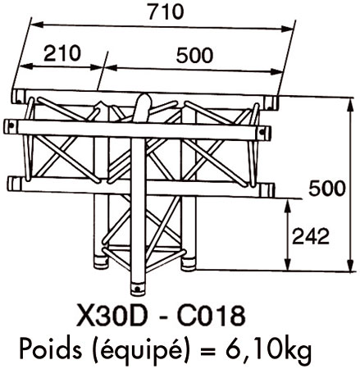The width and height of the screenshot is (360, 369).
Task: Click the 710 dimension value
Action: coord(166,11)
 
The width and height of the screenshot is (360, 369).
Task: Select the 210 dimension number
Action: coord(62,53)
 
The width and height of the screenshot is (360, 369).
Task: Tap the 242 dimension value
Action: coord(311,236)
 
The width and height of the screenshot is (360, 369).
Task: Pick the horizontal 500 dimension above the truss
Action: coord(194,55)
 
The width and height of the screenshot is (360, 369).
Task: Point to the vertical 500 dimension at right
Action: coord(327,189)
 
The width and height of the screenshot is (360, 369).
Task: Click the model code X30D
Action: coord(110,317)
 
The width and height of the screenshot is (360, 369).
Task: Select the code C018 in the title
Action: coord(212,317)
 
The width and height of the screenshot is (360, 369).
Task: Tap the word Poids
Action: coord(51,348)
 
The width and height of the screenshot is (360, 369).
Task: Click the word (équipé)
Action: coord(142,350)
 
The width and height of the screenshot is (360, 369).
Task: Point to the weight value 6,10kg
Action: coord(269,350)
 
